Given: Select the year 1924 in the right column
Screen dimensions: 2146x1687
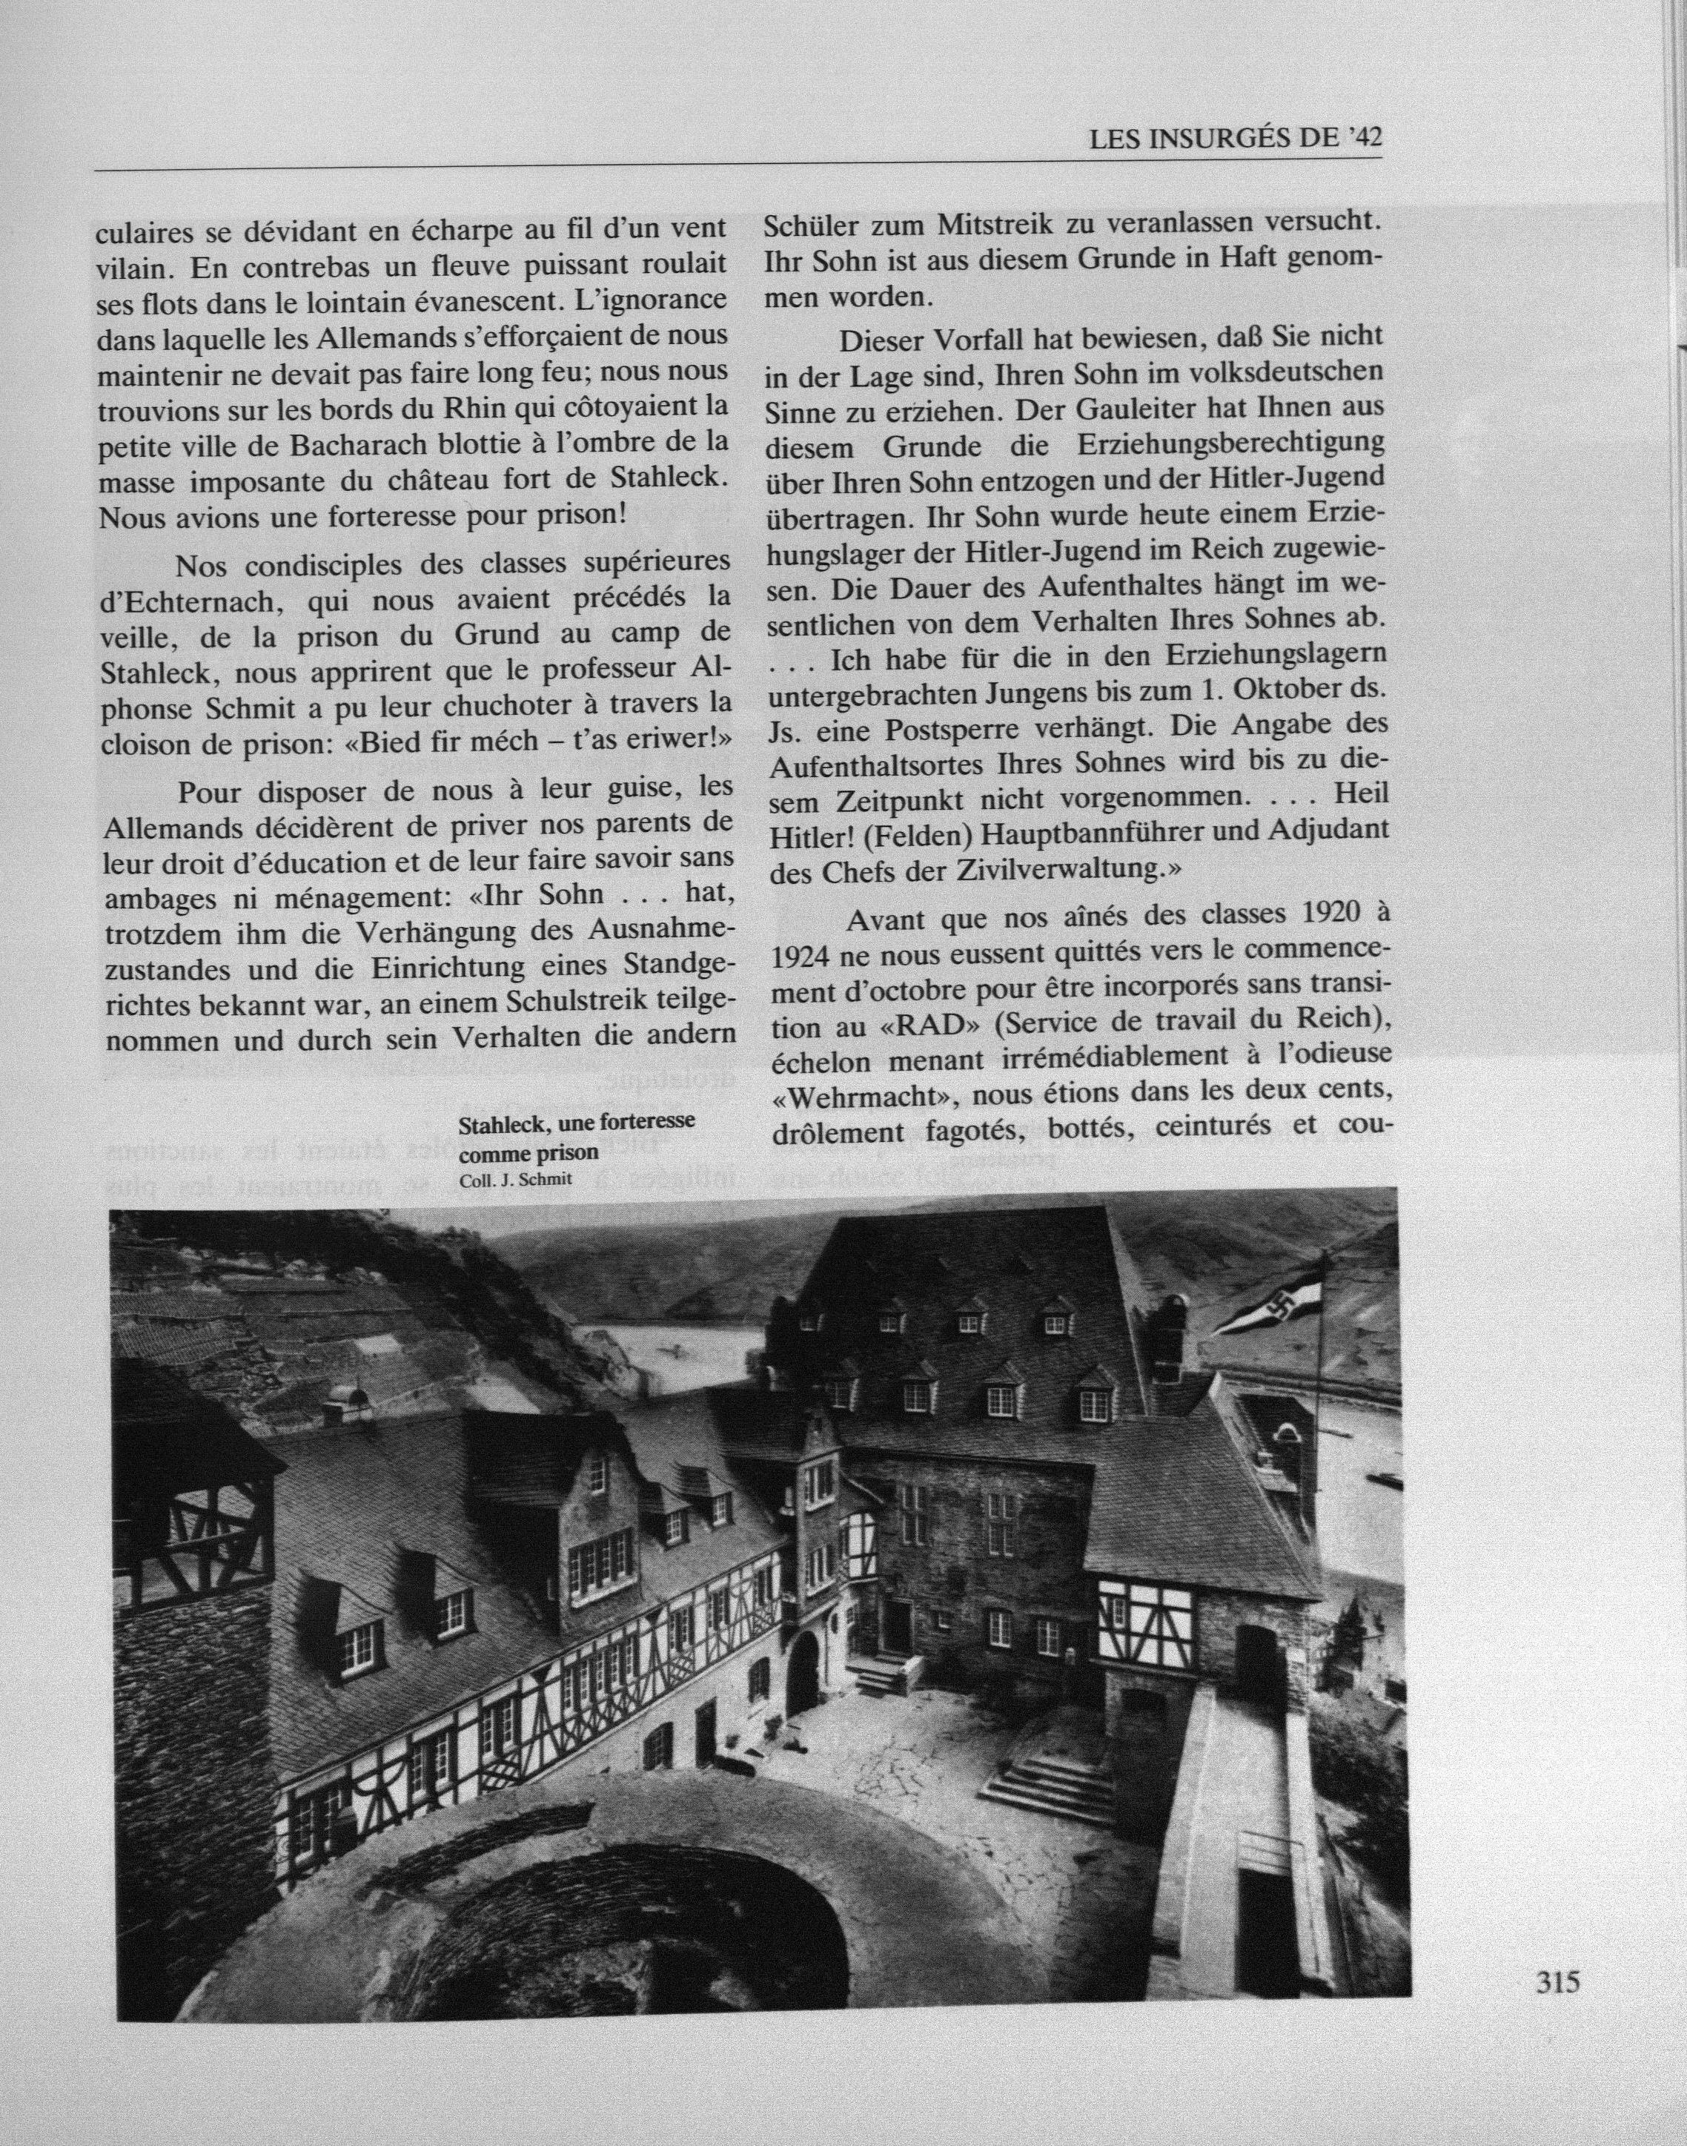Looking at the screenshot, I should (799, 957).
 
